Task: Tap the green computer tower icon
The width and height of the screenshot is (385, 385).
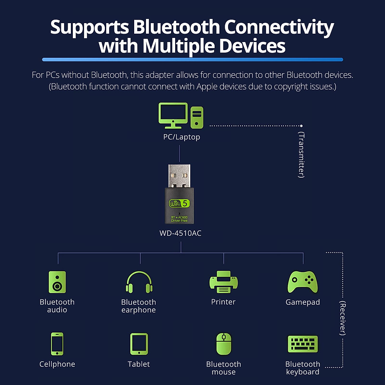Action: [x=197, y=117]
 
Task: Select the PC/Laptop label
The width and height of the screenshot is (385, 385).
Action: [x=182, y=137]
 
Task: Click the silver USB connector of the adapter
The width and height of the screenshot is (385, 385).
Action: [x=179, y=176]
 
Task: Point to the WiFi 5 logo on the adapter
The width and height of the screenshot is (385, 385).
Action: [x=179, y=203]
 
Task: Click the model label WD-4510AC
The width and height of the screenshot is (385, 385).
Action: [x=180, y=233]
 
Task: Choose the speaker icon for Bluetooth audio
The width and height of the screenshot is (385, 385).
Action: [x=57, y=282]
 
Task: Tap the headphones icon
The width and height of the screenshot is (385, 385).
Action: [x=139, y=282]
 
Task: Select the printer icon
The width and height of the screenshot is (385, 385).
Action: [x=224, y=282]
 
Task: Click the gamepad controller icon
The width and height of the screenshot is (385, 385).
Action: [x=303, y=282]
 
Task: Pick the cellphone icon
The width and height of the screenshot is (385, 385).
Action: [x=57, y=344]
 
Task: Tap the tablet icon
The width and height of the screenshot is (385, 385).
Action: [x=139, y=344]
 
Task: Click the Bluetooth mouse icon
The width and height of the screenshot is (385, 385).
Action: [x=224, y=344]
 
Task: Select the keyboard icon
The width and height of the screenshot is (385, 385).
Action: [x=303, y=344]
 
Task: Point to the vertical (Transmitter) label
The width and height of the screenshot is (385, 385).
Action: [x=301, y=155]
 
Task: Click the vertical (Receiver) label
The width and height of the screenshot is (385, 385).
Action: [x=343, y=318]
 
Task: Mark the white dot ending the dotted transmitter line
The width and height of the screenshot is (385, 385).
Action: [x=301, y=126]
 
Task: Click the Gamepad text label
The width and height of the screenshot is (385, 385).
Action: [x=303, y=302]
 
